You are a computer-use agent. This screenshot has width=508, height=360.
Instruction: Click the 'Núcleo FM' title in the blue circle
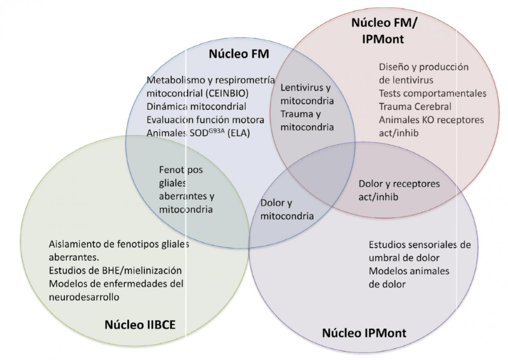click(239, 55)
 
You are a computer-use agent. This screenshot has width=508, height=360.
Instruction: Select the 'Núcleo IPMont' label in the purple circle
click(364, 332)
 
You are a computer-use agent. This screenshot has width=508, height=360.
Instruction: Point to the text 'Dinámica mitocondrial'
click(196, 106)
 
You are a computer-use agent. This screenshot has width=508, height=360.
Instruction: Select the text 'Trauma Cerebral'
click(415, 107)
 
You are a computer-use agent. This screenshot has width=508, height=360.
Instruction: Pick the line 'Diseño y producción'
click(424, 67)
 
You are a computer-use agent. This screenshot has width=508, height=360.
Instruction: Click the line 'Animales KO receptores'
click(431, 120)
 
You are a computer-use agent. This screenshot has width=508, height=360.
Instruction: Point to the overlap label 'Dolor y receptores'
click(399, 184)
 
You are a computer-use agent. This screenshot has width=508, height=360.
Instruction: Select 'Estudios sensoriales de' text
click(420, 245)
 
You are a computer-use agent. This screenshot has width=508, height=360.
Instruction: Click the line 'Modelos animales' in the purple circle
click(409, 271)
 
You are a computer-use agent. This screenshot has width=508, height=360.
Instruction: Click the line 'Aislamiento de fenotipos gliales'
click(119, 244)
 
